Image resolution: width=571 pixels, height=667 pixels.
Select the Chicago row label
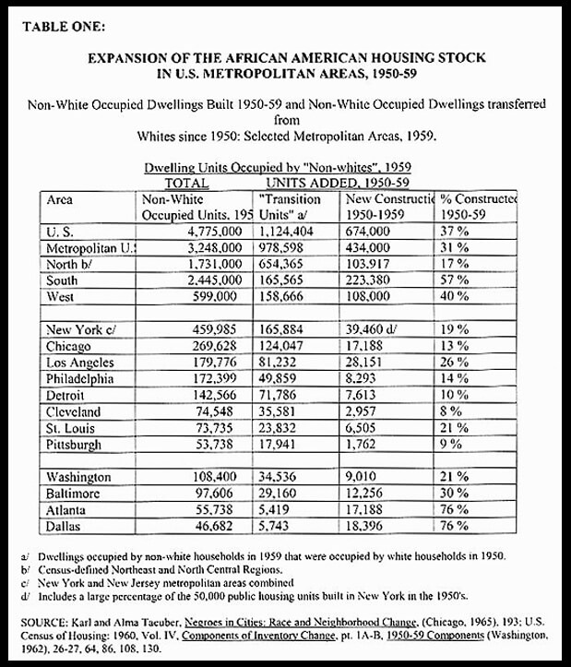coord(68,345)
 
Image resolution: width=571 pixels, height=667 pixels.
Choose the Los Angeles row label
coord(79,361)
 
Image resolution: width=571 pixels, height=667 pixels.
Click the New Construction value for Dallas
coord(367,526)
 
